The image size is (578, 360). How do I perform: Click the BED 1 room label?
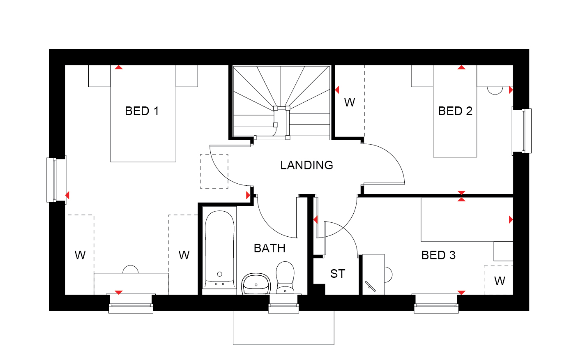[x=142, y=111]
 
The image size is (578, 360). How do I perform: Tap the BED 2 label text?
[x=455, y=111]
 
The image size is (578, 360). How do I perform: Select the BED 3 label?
[x=438, y=255]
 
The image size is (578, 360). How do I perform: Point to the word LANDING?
[x=306, y=165]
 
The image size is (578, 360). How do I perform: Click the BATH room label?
[x=269, y=248]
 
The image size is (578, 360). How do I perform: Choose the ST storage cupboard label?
[x=338, y=274]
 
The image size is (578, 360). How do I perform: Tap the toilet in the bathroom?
[x=285, y=278]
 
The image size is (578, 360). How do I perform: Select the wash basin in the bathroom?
[x=256, y=284]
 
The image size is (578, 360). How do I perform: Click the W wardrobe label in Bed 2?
[x=349, y=102]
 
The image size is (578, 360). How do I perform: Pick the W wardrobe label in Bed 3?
[x=500, y=281]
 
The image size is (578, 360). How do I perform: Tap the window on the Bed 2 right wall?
[x=522, y=131]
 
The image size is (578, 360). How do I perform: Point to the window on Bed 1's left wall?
[x=56, y=180]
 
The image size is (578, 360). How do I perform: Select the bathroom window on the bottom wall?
[x=283, y=304]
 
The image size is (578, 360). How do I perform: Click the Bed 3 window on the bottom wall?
[x=436, y=304]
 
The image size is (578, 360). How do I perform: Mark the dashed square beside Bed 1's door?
[x=214, y=171]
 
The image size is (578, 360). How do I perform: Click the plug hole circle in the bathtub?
[x=220, y=274]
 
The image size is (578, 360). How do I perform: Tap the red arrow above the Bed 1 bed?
[x=119, y=67]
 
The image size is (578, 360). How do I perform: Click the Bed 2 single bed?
[x=455, y=111]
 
